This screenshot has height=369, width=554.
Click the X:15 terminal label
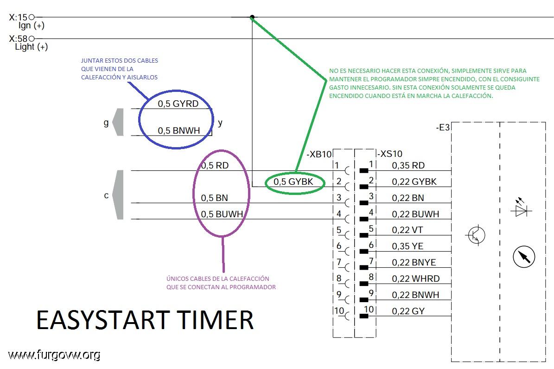coord(18,18)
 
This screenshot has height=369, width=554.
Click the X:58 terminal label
coord(18,39)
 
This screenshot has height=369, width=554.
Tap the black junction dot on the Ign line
coord(252,18)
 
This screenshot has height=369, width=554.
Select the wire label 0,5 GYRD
coord(178,104)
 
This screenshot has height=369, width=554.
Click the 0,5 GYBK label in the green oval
coord(293,182)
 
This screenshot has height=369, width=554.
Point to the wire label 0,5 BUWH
coord(223,214)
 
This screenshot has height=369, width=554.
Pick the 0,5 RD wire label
coord(215,165)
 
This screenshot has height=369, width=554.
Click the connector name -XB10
coord(319,154)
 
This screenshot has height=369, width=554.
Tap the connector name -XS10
coord(390,154)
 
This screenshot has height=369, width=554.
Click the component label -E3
coord(443,127)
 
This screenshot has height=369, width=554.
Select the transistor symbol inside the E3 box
coord(475,235)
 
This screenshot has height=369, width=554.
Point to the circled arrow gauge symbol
coord(524,256)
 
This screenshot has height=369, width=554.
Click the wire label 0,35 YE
coord(408,246)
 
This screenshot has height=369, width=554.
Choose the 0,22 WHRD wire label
coord(415,279)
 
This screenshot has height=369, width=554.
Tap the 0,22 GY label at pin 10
coord(408,311)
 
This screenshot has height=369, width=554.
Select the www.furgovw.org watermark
coord(54,355)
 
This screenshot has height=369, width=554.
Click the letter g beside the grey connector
coord(106,123)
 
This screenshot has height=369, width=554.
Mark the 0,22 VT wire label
coord(408,230)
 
